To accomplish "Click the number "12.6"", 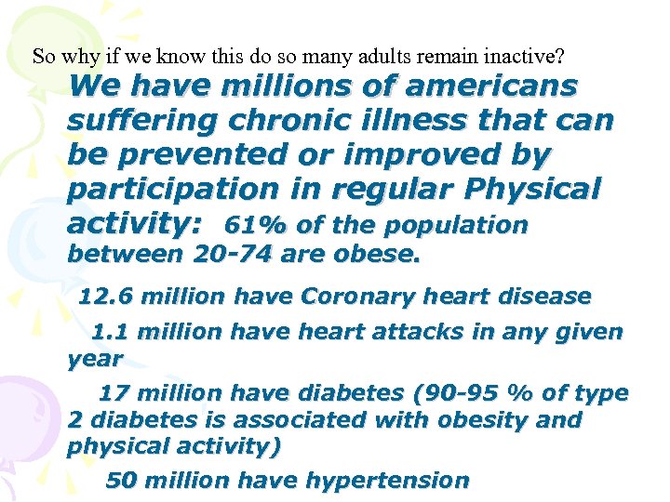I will click(103, 297).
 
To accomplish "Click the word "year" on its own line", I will click(95, 358).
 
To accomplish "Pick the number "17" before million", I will click(114, 393).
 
